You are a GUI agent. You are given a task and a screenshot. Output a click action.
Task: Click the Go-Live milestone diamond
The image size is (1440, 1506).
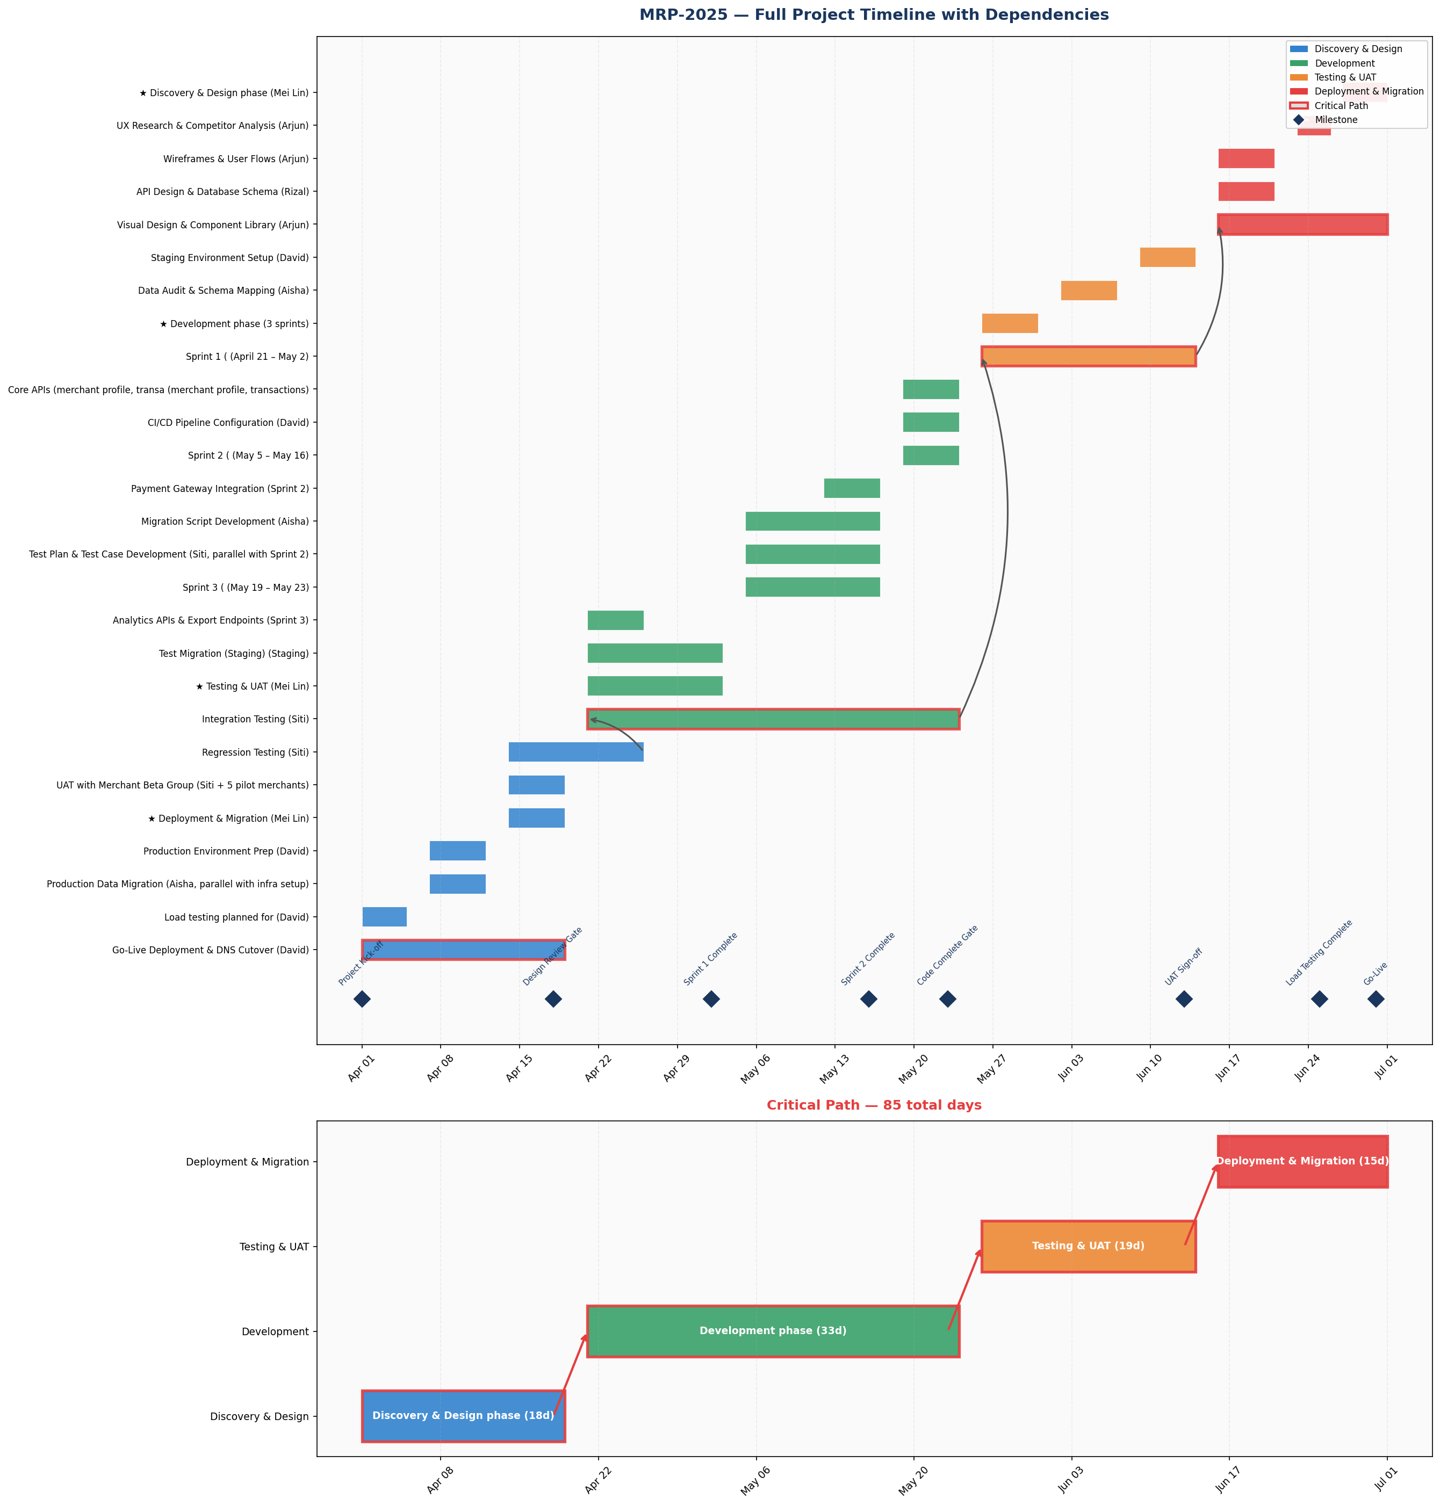[x=1376, y=999]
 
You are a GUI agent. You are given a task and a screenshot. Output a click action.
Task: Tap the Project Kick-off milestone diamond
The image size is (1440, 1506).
[x=362, y=999]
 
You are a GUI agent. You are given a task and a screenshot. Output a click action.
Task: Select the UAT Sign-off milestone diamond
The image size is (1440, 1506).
[x=1184, y=999]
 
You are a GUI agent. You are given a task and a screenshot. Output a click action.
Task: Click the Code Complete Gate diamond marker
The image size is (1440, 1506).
[x=948, y=999]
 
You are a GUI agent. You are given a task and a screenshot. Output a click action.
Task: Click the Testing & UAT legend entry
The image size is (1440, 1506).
[x=1345, y=77]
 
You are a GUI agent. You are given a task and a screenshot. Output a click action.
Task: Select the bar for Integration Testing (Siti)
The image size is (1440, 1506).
[x=773, y=719]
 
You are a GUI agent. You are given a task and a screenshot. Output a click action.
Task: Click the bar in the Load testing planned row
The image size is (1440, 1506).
[x=385, y=917]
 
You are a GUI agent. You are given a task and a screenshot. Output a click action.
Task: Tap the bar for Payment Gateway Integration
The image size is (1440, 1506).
[x=852, y=488]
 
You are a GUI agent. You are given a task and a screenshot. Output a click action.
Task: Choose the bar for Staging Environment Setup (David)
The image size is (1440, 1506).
[x=1168, y=257]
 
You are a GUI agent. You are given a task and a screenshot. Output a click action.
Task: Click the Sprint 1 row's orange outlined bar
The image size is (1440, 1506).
[x=1089, y=356]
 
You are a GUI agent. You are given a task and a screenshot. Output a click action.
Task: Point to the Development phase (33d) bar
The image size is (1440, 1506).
[x=773, y=1331]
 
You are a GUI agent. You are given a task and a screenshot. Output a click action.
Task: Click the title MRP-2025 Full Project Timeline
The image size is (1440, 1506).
[x=874, y=15]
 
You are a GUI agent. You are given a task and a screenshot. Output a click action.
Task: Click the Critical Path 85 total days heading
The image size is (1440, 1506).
[x=874, y=1105]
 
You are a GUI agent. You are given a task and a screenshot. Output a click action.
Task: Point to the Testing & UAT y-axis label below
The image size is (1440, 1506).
[x=274, y=1247]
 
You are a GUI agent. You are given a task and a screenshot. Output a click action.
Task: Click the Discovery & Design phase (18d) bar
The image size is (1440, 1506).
[x=464, y=1415]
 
